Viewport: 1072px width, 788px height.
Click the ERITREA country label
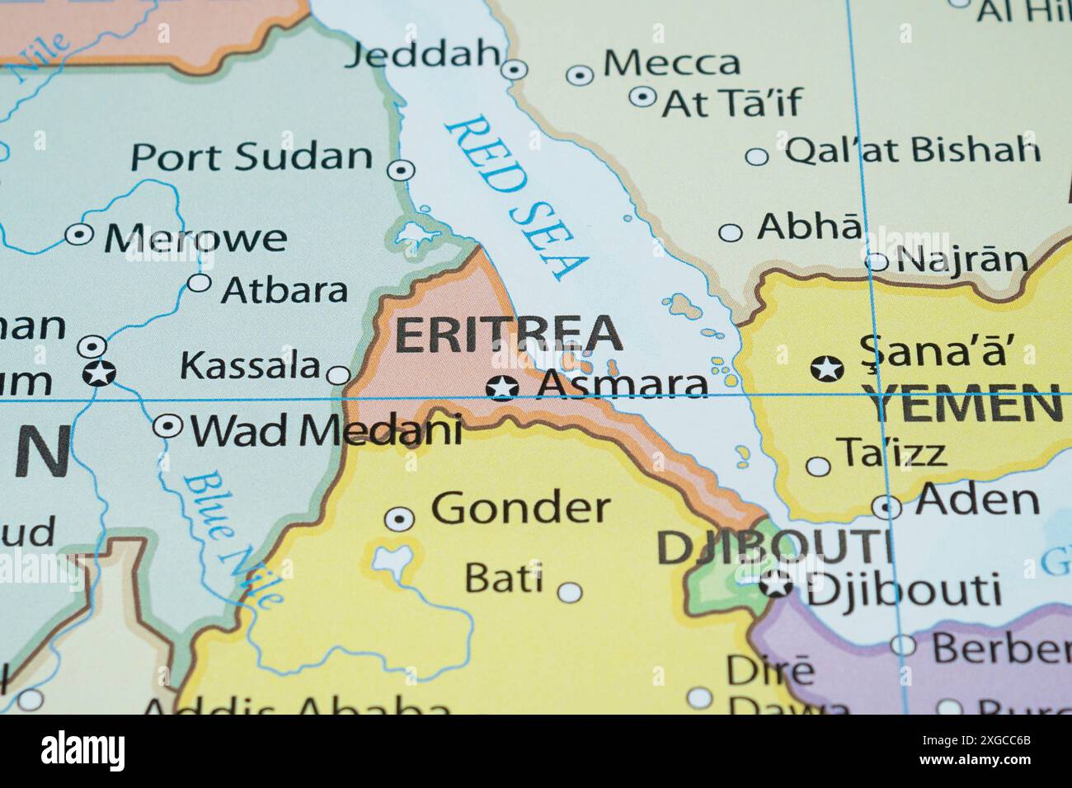pyautogui.click(x=507, y=334)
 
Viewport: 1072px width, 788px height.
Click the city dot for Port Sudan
pyautogui.click(x=401, y=170)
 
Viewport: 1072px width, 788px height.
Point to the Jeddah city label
pyautogui.click(x=423, y=56)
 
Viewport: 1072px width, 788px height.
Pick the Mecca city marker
pyautogui.click(x=580, y=75)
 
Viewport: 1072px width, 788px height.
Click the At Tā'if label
pyautogui.click(x=731, y=102)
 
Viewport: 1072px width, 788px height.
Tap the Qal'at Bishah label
pyautogui.click(x=911, y=150)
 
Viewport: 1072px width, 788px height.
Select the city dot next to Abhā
pyautogui.click(x=730, y=232)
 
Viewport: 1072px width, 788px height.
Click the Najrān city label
pyautogui.click(x=962, y=260)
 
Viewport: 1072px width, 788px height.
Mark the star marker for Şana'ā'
pyautogui.click(x=826, y=368)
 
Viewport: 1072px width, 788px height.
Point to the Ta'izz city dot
pyautogui.click(x=818, y=467)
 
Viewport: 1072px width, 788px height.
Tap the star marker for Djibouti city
pyautogui.click(x=775, y=584)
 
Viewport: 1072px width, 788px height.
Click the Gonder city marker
pyautogui.click(x=400, y=518)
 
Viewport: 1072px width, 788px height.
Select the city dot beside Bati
pyautogui.click(x=570, y=592)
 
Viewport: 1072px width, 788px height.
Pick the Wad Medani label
pyautogui.click(x=326, y=429)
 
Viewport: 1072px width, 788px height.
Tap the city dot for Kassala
pyautogui.click(x=339, y=376)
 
